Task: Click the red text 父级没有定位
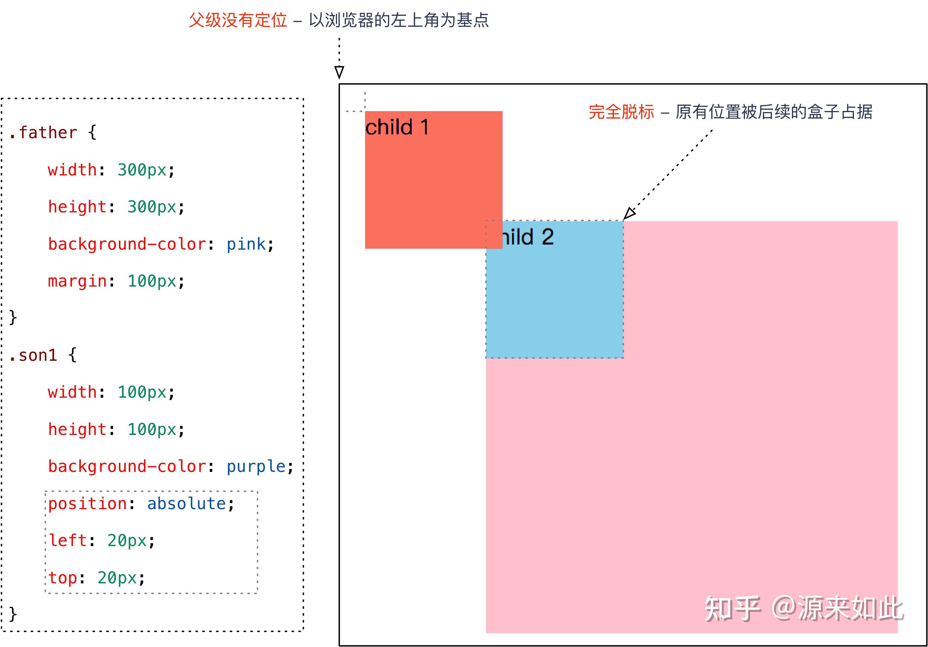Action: pyautogui.click(x=238, y=20)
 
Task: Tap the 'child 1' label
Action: pyautogui.click(x=397, y=127)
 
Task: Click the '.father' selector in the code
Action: pyautogui.click(x=43, y=132)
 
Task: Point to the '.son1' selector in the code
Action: pyautogui.click(x=33, y=355)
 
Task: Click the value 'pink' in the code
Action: pyautogui.click(x=246, y=244)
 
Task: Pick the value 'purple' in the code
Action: pyautogui.click(x=256, y=467)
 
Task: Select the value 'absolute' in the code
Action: pyautogui.click(x=186, y=504)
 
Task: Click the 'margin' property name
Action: pyautogui.click(x=77, y=281)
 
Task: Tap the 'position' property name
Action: pyautogui.click(x=88, y=504)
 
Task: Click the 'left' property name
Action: pyautogui.click(x=68, y=540)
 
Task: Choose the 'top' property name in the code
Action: pyautogui.click(x=63, y=578)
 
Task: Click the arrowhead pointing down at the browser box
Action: pyautogui.click(x=339, y=72)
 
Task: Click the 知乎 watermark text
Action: pyautogui.click(x=732, y=609)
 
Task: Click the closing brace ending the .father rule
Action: pyautogui.click(x=13, y=318)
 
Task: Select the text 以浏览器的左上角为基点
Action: pyautogui.click(x=399, y=20)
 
